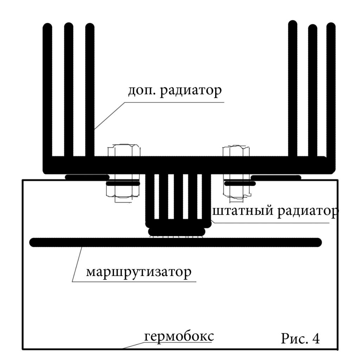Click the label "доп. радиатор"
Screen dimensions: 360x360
174,90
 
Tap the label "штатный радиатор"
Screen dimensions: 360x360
274,212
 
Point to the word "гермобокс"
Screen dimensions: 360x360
179,336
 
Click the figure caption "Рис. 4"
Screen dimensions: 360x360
300,338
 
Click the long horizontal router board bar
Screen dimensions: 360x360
176,242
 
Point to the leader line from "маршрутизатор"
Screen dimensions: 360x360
77,264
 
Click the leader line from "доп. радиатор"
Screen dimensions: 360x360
109,116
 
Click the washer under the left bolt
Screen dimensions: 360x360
123,184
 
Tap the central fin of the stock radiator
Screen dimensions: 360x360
178,197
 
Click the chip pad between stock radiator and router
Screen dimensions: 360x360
177,232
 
